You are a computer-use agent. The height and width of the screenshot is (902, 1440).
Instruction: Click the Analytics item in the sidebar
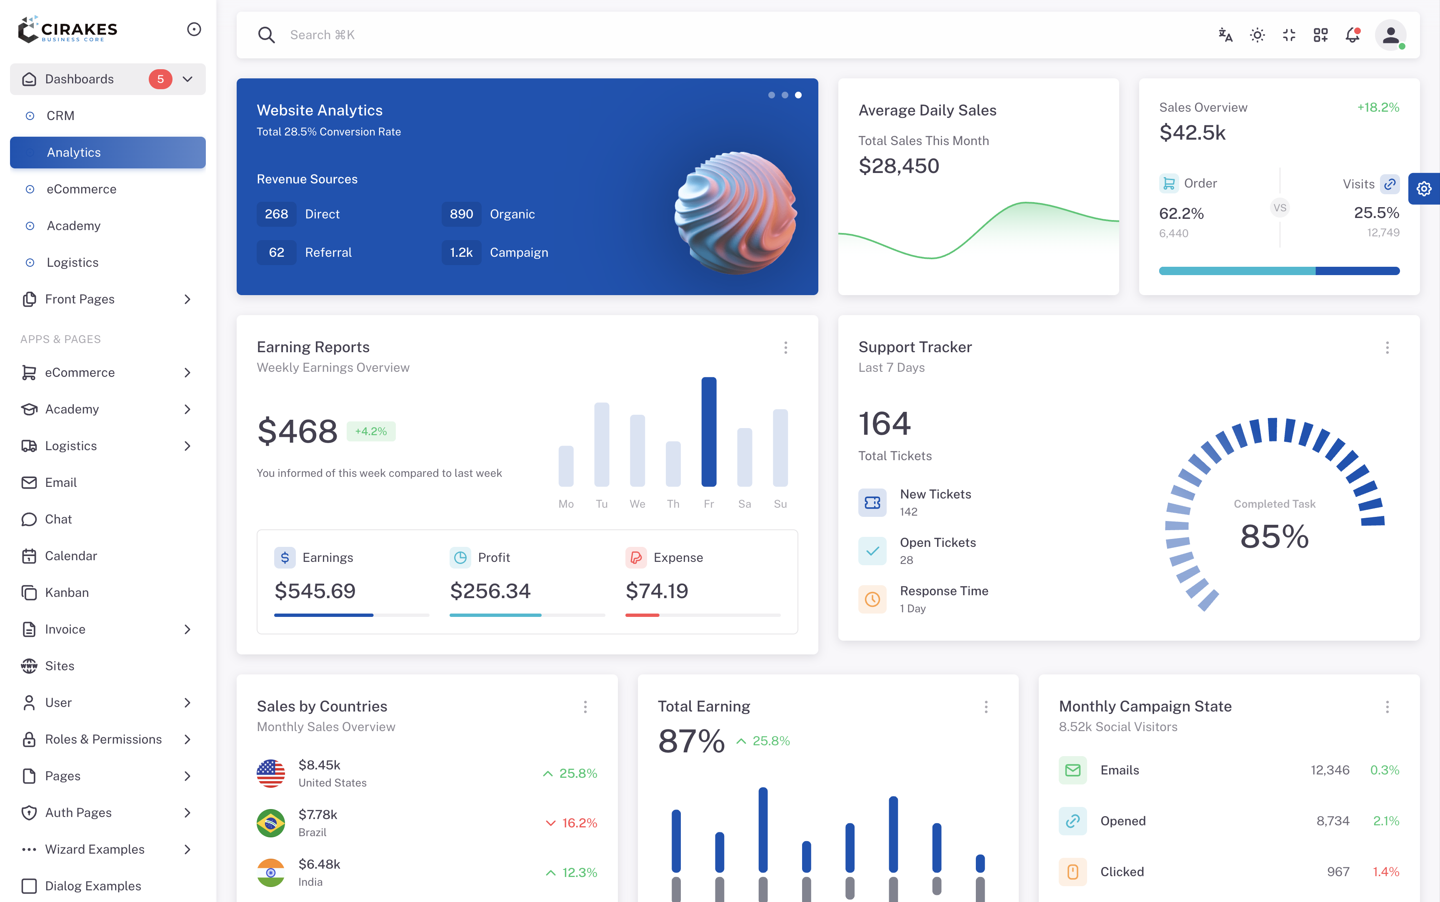tap(107, 152)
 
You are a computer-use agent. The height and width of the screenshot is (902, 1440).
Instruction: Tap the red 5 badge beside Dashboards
tap(160, 79)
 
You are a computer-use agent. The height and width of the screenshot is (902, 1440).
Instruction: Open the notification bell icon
tap(1352, 35)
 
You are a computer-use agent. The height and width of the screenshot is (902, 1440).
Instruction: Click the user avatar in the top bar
tap(1390, 35)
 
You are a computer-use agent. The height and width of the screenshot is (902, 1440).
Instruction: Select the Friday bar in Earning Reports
tap(708, 432)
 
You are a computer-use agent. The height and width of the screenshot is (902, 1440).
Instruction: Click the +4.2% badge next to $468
tap(371, 431)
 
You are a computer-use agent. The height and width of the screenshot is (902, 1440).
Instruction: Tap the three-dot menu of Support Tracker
tap(1387, 348)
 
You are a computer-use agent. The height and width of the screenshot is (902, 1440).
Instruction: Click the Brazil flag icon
tap(271, 823)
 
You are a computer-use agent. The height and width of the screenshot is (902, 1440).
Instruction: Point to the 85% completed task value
tap(1274, 536)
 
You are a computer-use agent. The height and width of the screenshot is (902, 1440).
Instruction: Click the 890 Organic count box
tap(461, 214)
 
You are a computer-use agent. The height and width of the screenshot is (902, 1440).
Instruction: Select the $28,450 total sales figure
tap(899, 166)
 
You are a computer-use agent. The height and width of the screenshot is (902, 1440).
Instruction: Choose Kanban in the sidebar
tap(67, 592)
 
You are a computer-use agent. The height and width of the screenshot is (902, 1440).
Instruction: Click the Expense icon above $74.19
tap(636, 557)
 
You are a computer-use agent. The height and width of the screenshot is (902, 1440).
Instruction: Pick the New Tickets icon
tap(872, 502)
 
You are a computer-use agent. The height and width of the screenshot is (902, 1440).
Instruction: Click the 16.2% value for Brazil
tap(579, 823)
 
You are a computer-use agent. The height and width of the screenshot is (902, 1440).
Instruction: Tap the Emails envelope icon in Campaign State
tap(1072, 770)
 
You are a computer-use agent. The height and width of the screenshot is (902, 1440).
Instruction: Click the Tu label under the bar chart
tap(602, 504)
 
